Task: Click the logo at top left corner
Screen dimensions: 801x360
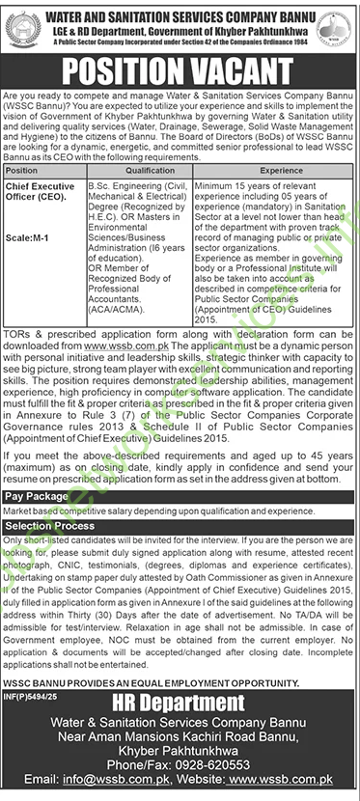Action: pyautogui.click(x=21, y=23)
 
